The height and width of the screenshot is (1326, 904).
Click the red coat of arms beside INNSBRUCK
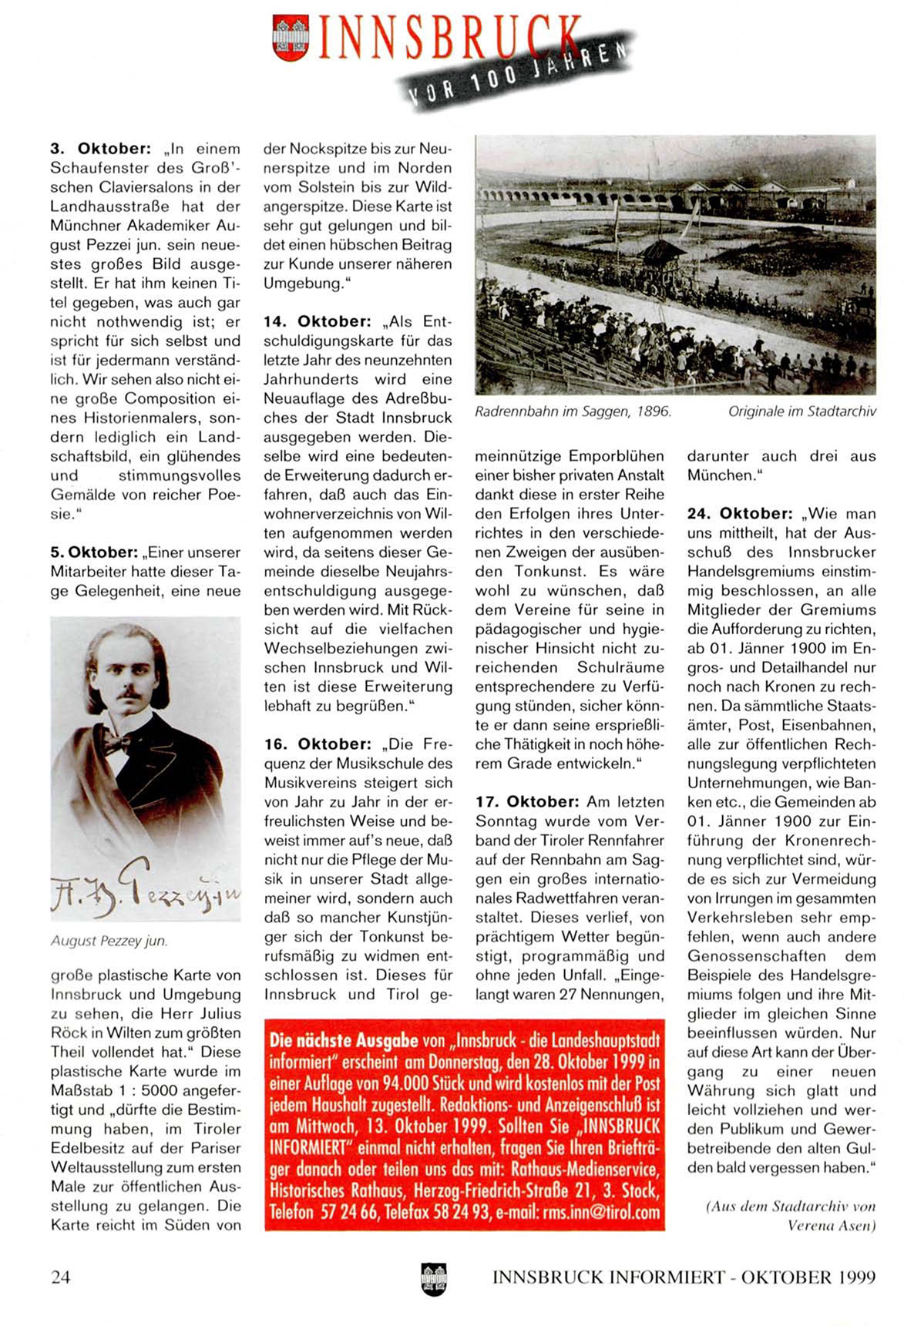(x=291, y=38)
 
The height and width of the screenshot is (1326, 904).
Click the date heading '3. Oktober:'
(x=100, y=149)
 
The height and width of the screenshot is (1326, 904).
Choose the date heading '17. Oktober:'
(x=527, y=802)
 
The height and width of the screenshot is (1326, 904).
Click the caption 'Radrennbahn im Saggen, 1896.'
(x=573, y=412)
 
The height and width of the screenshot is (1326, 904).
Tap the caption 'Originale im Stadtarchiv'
(x=802, y=412)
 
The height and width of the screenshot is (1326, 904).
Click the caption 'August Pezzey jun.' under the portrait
(x=109, y=941)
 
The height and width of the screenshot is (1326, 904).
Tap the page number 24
(x=60, y=1277)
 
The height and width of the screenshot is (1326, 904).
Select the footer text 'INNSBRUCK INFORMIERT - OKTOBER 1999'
(x=684, y=1277)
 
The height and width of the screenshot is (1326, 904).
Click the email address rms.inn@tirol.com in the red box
(x=601, y=1213)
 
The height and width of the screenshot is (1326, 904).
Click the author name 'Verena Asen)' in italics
(x=831, y=1225)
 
